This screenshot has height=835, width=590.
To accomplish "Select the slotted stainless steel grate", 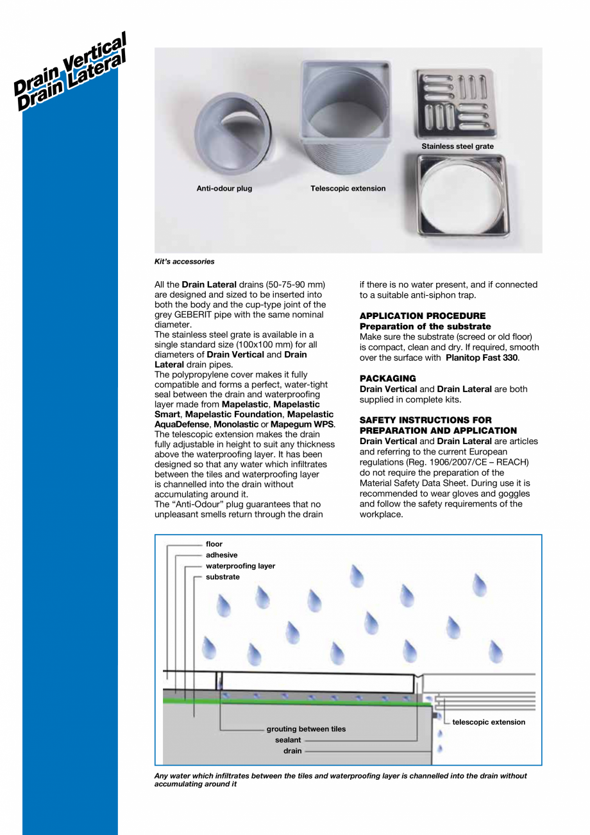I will (457, 103).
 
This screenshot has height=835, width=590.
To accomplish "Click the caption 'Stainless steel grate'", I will (457, 146).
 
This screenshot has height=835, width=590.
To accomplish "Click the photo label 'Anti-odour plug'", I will (224, 189).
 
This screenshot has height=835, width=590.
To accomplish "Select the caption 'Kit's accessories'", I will (185, 261).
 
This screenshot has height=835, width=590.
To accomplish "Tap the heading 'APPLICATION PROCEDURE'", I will (423, 316).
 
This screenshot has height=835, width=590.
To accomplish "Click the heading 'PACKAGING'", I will (387, 378).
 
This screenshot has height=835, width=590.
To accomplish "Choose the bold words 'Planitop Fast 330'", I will (482, 357).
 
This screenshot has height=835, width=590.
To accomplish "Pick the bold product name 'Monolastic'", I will (237, 424).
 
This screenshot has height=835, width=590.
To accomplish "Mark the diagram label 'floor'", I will (214, 544).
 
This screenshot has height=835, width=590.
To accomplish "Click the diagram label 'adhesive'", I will (221, 555).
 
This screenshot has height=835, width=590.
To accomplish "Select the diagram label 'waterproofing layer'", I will (240, 566).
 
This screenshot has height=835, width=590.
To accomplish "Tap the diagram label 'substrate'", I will (223, 577).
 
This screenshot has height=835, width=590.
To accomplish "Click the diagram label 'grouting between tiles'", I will (306, 729).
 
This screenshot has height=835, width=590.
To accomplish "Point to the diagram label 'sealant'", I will (288, 740).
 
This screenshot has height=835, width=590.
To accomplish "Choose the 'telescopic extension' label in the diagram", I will (489, 722).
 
